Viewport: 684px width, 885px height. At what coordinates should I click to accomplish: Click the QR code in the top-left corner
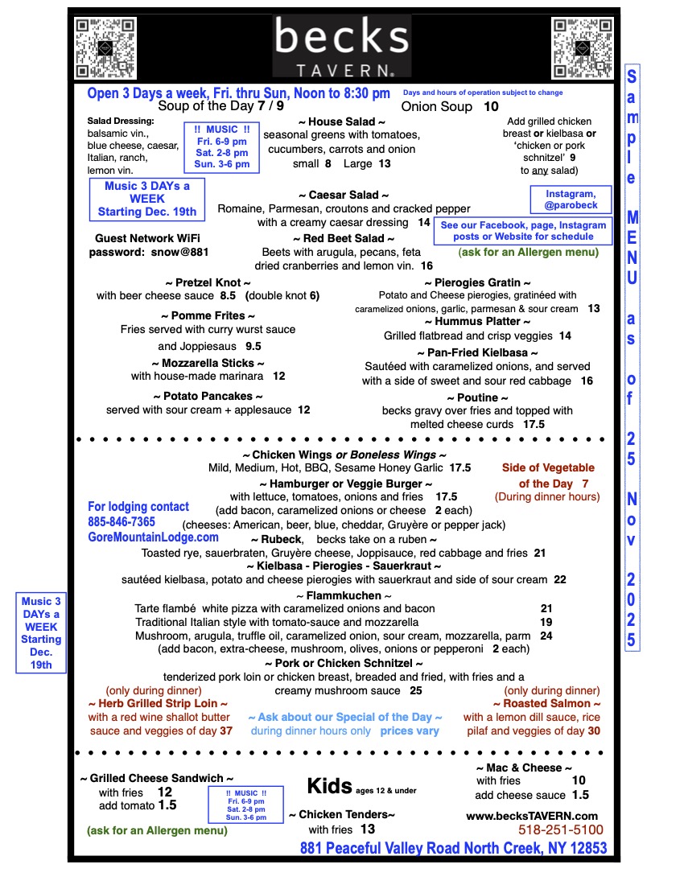[104, 47]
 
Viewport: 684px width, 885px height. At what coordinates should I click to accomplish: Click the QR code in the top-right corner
[582, 47]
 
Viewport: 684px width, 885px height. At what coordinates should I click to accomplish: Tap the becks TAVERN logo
[341, 47]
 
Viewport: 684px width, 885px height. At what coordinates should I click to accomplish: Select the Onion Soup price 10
[491, 106]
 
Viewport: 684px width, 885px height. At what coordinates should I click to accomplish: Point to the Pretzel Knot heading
[208, 282]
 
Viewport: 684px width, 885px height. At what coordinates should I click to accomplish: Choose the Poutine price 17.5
[534, 424]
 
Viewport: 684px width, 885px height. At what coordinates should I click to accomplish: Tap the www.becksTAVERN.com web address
[532, 815]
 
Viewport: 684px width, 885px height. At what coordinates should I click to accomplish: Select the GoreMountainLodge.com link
[153, 537]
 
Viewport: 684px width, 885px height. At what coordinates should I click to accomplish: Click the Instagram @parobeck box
[571, 199]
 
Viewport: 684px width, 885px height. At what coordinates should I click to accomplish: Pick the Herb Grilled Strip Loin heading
[158, 703]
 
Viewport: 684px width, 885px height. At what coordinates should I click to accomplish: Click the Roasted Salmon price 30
[594, 731]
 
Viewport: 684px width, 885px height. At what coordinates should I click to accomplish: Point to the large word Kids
[330, 785]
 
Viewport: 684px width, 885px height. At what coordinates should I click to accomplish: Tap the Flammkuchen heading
[344, 595]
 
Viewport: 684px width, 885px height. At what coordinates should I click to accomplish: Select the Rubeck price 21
[539, 553]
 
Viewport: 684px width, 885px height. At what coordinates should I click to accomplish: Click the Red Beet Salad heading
[344, 239]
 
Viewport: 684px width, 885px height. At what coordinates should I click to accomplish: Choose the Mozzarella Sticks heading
[208, 363]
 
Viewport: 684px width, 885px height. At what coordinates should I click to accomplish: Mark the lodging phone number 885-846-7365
[122, 522]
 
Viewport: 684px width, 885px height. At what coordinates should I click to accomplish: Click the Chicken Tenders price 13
[368, 829]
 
